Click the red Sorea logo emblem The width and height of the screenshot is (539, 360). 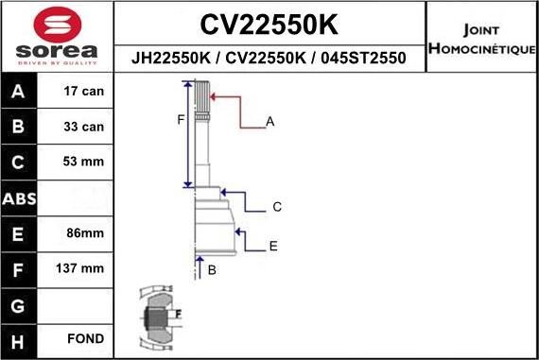point(58,26)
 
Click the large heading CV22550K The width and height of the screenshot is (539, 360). point(269,25)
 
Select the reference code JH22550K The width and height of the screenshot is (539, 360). point(171,58)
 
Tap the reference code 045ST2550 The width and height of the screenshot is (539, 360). point(363,58)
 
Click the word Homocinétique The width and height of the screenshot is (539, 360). point(482,48)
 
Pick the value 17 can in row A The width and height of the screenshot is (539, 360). point(83,91)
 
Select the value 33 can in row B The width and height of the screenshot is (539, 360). point(83,127)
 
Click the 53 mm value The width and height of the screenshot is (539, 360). point(83,162)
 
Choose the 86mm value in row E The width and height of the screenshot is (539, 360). point(85,232)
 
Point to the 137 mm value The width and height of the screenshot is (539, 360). point(79,268)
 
